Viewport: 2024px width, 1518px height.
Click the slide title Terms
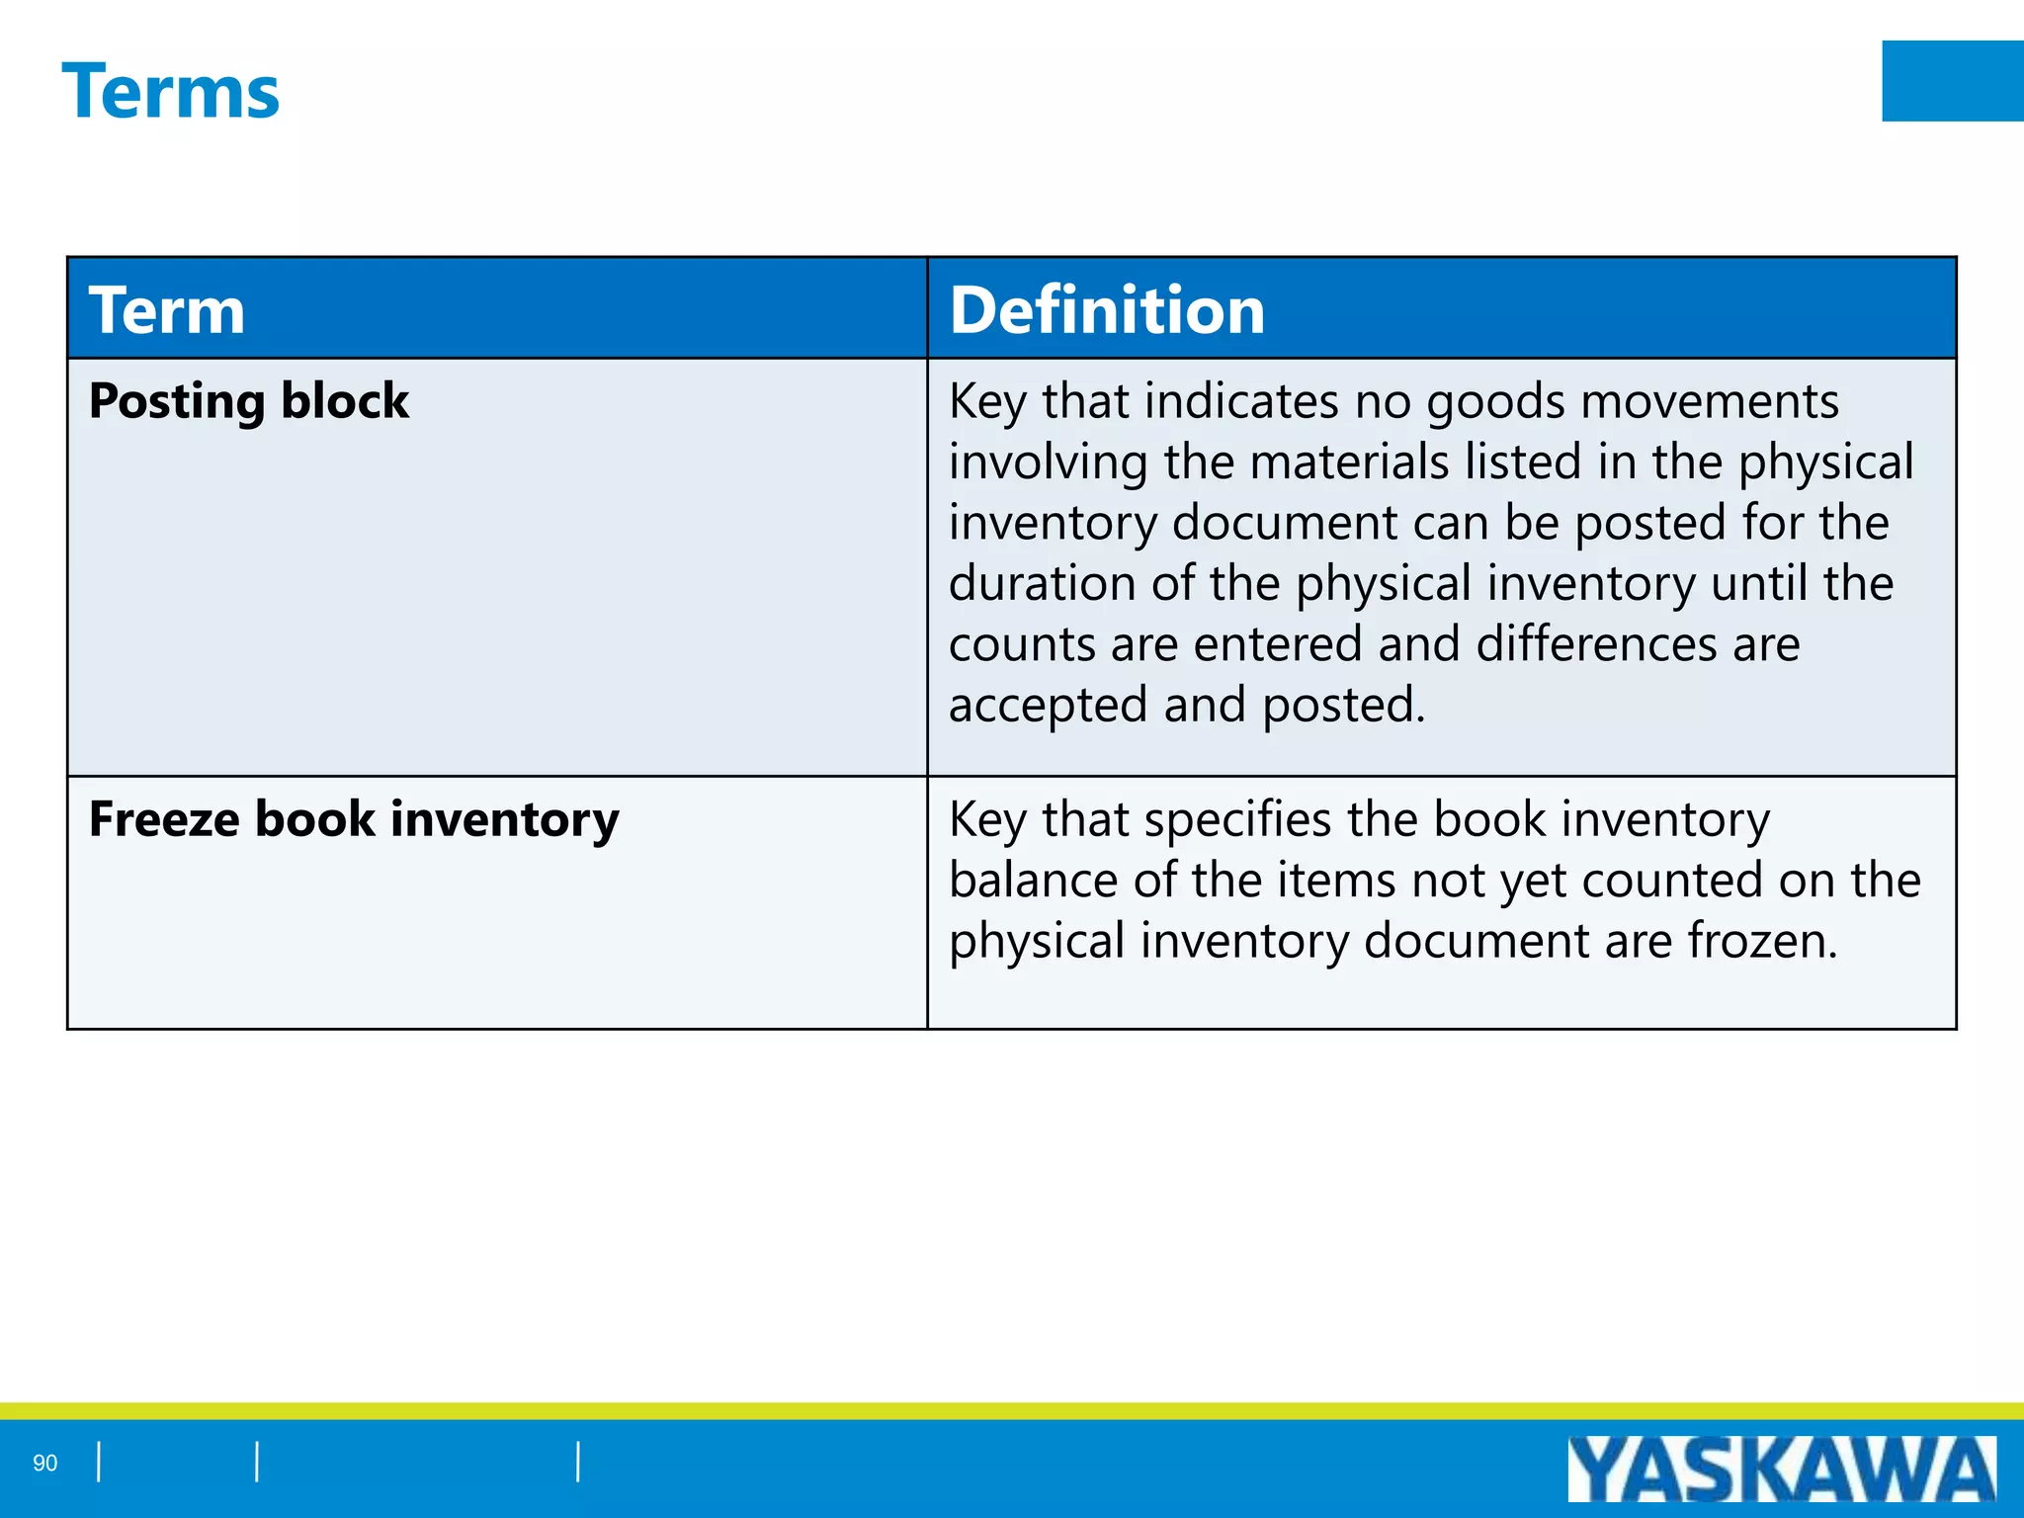tap(170, 92)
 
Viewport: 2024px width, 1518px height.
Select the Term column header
tap(166, 310)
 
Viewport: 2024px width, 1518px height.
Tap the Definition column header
tap(1106, 310)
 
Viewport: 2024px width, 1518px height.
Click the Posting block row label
tap(248, 401)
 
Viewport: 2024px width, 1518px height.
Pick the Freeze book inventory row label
tap(354, 819)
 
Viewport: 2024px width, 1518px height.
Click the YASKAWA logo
tap(1781, 1469)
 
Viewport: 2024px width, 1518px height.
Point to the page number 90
tap(45, 1463)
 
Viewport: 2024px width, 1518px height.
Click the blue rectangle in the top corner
tap(1952, 81)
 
